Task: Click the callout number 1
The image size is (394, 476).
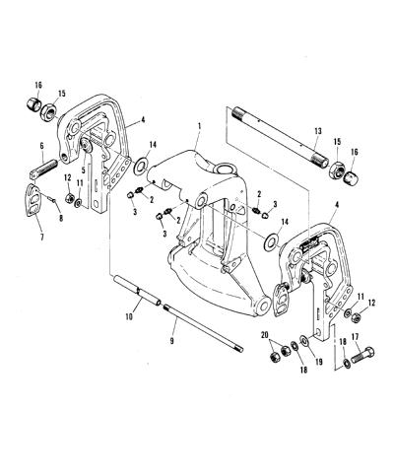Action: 199,126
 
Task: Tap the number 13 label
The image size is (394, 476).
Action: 317,131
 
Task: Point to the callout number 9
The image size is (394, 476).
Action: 171,342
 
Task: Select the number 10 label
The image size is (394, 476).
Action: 129,316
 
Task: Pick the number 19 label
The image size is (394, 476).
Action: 318,362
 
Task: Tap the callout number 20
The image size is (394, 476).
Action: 265,335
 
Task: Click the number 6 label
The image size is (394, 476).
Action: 41,146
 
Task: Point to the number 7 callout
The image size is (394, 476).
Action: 41,238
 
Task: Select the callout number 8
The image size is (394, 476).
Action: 61,217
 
